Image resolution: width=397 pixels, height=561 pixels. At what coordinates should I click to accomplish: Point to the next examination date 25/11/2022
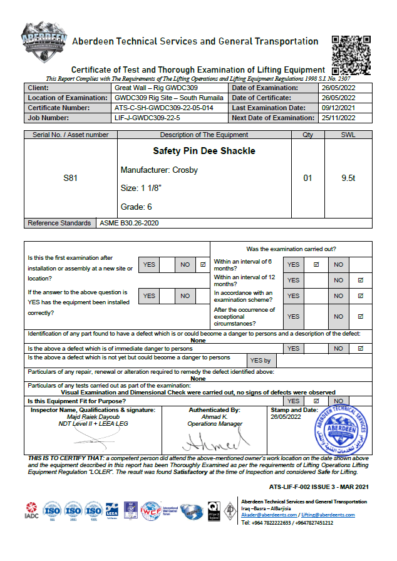point(339,118)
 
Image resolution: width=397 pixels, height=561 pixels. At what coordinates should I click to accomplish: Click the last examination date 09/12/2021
point(339,108)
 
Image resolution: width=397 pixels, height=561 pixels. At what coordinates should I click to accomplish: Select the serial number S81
point(71,178)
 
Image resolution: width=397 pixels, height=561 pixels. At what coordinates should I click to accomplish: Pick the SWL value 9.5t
point(349,178)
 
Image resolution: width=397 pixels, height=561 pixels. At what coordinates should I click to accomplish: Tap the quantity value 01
point(307,178)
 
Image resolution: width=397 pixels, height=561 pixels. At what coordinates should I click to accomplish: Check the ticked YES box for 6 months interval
point(316,265)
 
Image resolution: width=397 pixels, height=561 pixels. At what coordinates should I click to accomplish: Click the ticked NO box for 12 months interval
point(360,280)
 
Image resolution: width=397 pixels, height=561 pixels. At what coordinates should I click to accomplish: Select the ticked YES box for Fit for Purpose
point(316,401)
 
